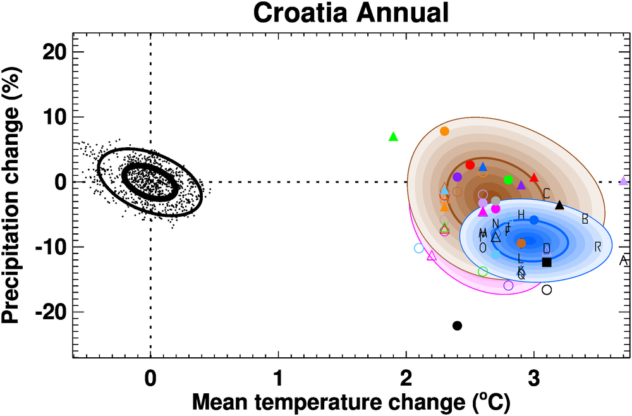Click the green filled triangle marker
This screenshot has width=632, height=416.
(x=393, y=137)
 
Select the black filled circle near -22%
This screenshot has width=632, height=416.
(x=458, y=326)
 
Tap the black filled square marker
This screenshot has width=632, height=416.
(x=547, y=262)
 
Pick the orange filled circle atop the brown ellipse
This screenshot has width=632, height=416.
(x=444, y=132)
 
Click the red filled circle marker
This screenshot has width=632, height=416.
(x=470, y=165)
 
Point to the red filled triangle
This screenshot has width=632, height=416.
(x=534, y=178)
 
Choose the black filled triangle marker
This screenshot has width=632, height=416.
(x=559, y=204)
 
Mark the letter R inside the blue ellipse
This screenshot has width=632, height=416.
(x=598, y=246)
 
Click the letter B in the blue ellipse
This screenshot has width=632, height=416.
(x=585, y=219)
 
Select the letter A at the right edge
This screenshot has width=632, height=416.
(x=623, y=260)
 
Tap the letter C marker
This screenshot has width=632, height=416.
(x=547, y=193)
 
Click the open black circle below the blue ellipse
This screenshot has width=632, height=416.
(x=547, y=290)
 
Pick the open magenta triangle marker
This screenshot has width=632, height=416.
(x=432, y=256)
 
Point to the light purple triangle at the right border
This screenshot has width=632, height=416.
(x=624, y=181)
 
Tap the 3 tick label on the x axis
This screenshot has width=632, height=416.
(x=534, y=380)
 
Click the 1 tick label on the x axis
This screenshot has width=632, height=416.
(x=278, y=380)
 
